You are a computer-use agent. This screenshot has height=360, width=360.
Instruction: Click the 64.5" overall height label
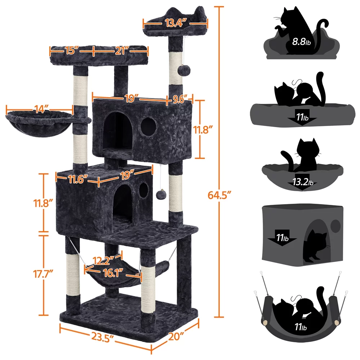pos(219,195)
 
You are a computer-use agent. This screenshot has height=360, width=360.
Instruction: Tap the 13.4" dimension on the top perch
pos(176,24)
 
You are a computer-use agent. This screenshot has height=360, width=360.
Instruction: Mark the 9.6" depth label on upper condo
pos(181,99)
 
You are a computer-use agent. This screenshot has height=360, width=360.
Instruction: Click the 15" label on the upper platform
pos(71,50)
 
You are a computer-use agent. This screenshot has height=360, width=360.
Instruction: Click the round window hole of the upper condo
pos(148,126)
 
